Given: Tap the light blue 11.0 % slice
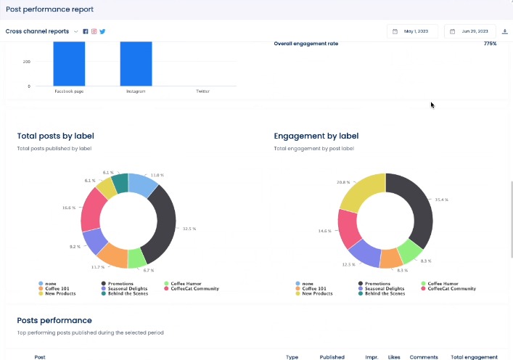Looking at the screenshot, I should [x=142, y=186].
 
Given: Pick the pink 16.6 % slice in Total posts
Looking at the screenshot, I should [x=92, y=209].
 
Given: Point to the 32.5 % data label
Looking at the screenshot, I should [x=189, y=229].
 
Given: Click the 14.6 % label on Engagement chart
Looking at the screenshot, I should [x=324, y=231].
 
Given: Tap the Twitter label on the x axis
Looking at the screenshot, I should [x=202, y=92].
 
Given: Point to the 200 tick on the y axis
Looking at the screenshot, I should [x=26, y=62].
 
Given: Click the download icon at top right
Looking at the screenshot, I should [x=505, y=31].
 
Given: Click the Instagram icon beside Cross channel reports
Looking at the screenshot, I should [x=94, y=31].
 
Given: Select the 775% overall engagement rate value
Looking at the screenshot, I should [x=490, y=44].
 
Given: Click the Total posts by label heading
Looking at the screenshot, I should [x=55, y=136].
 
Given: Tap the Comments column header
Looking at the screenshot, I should [x=424, y=357].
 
